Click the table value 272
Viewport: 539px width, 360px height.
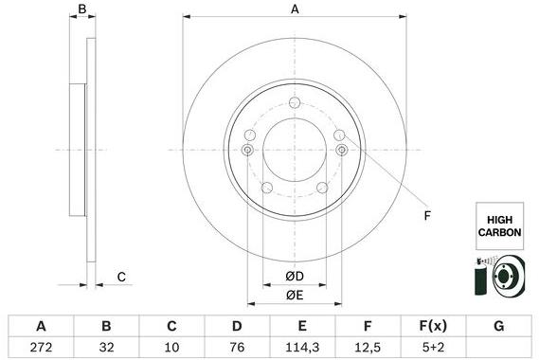(40, 348)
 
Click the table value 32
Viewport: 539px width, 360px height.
(106, 348)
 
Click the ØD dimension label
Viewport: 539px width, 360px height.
(295, 277)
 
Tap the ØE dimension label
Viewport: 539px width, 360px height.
(295, 295)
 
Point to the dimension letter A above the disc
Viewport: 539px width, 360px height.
(295, 9)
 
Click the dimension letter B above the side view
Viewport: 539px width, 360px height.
(82, 9)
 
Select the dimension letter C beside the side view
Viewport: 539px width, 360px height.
(121, 277)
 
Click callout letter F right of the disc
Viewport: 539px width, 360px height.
(427, 217)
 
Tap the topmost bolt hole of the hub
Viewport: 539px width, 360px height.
(295, 103)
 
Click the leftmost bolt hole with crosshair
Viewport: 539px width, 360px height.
(248, 151)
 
